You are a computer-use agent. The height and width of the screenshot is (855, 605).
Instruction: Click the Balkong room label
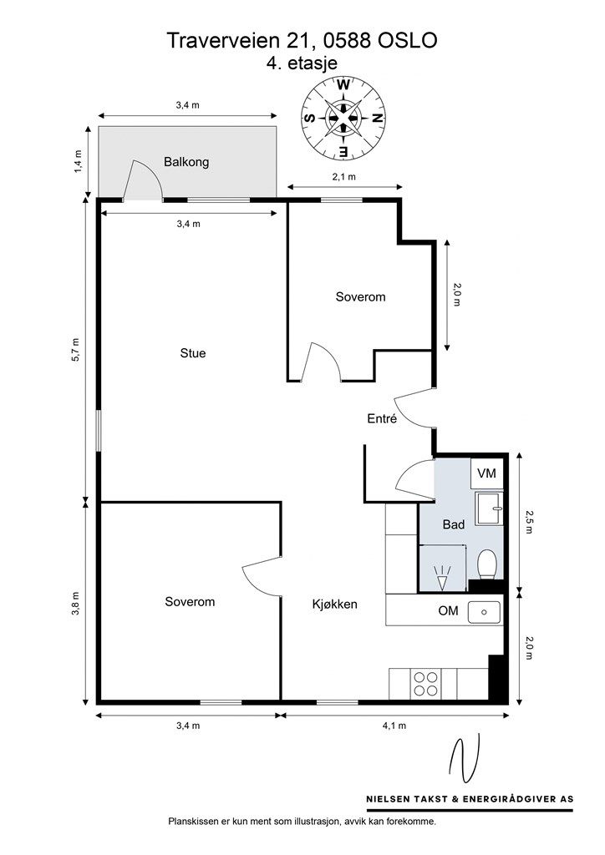point(186,162)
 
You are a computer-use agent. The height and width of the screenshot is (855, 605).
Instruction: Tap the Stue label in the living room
point(193,353)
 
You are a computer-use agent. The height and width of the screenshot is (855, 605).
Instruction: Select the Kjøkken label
point(335,604)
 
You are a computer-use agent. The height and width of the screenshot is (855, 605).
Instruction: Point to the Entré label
point(381,419)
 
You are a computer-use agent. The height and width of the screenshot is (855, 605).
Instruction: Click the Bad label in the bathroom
point(454,524)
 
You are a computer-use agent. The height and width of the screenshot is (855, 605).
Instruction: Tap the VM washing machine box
point(487,473)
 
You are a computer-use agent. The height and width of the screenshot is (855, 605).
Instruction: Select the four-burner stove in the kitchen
point(426,684)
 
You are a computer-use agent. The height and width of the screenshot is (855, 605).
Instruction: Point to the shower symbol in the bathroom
point(442,578)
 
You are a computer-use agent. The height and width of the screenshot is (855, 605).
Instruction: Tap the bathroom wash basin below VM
point(489,508)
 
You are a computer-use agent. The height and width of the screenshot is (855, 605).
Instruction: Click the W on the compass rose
point(343,84)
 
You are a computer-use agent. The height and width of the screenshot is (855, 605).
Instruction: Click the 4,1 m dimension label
point(394,726)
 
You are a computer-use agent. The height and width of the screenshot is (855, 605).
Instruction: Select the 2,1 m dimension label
point(344,176)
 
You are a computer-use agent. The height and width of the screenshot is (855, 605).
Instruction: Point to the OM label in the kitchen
point(449,610)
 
